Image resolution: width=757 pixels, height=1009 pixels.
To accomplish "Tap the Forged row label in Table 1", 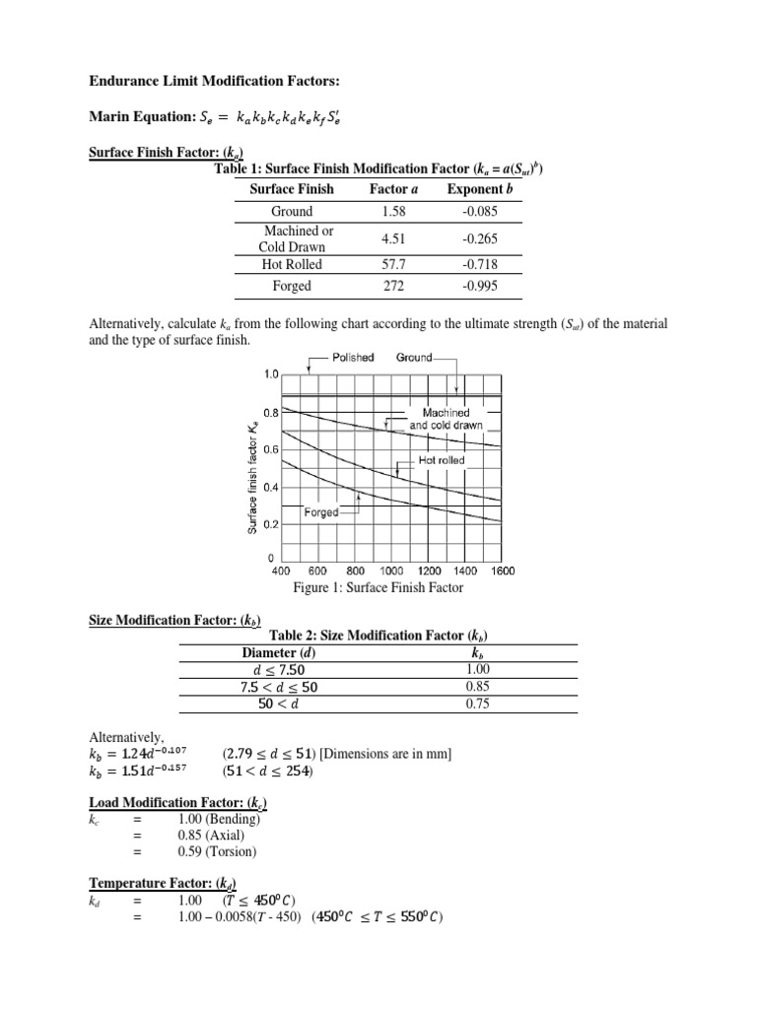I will [x=292, y=286].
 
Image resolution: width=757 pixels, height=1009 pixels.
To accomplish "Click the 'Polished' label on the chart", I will [x=351, y=357].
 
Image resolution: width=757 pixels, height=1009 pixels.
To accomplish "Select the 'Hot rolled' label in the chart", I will [x=442, y=460].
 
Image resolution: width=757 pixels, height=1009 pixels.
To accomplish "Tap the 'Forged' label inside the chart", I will [x=321, y=512].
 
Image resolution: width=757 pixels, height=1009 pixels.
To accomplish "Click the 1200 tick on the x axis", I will [x=430, y=571].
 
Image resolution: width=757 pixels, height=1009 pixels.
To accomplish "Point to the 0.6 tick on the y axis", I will [x=272, y=449].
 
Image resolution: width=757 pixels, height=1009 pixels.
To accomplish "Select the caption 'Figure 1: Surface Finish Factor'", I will [x=378, y=588].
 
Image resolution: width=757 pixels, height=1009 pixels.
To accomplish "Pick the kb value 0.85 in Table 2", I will [x=476, y=687].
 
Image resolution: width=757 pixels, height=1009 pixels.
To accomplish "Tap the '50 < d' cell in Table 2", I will [x=289, y=704].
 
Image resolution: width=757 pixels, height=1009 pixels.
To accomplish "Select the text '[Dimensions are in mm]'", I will [x=372, y=754].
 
